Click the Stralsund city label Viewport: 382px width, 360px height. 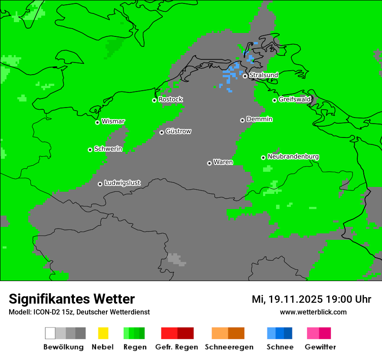pyautogui.click(x=263, y=75)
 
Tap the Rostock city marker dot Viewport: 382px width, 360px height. pyautogui.click(x=154, y=100)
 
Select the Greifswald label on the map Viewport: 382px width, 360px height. pyautogui.click(x=294, y=99)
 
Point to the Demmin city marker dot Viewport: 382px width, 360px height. pyautogui.click(x=242, y=120)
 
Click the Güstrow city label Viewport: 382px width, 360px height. pyautogui.click(x=178, y=131)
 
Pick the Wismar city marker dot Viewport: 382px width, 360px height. pyautogui.click(x=97, y=122)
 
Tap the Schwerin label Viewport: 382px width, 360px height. pyautogui.click(x=108, y=149)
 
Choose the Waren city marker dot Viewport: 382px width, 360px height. pyautogui.click(x=209, y=163)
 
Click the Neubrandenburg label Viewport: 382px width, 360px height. pyautogui.click(x=293, y=157)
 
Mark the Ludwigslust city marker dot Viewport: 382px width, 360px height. pyautogui.click(x=100, y=184)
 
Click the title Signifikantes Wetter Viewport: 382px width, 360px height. pyautogui.click(x=72, y=299)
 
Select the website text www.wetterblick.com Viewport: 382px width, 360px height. pyautogui.click(x=313, y=312)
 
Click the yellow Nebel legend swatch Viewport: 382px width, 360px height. pyautogui.click(x=103, y=333)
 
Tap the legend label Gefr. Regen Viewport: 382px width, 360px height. pyautogui.click(x=177, y=347)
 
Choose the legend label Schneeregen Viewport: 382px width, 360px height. pyautogui.click(x=228, y=347)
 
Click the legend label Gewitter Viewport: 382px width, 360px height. pyautogui.click(x=320, y=347)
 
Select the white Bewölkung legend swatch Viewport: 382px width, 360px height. pyautogui.click(x=50, y=333)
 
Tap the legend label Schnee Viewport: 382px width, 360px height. pyautogui.click(x=280, y=347)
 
